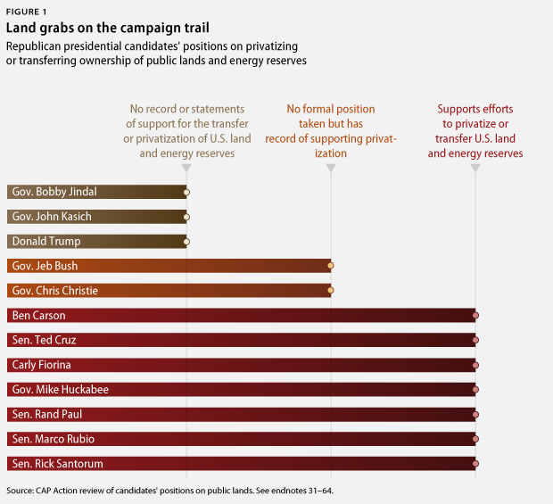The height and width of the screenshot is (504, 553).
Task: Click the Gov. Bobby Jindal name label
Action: click(x=54, y=192)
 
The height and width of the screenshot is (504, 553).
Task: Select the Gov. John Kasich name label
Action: click(x=52, y=217)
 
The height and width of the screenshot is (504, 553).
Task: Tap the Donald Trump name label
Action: click(x=46, y=241)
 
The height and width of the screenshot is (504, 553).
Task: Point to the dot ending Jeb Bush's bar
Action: click(x=331, y=266)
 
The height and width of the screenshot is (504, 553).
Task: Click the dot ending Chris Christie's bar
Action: click(x=331, y=291)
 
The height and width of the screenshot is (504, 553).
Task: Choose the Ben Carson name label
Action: click(x=39, y=316)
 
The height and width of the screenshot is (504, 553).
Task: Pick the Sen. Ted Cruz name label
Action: click(x=45, y=340)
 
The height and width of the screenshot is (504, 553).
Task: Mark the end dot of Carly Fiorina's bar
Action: click(x=475, y=365)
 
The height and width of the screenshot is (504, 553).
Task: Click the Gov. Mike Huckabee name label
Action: click(x=58, y=390)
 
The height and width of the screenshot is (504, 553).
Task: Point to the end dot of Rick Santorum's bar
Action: click(x=475, y=464)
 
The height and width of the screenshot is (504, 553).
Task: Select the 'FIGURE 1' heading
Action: click(x=28, y=11)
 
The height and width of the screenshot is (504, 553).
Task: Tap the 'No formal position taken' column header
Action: click(x=331, y=131)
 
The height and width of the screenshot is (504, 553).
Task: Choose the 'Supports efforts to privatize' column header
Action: click(x=475, y=131)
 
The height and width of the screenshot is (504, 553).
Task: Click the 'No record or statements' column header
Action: click(x=186, y=131)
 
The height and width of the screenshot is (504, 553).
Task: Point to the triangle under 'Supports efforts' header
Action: click(x=475, y=169)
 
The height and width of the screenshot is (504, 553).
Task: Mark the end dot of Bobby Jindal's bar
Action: click(x=186, y=192)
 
